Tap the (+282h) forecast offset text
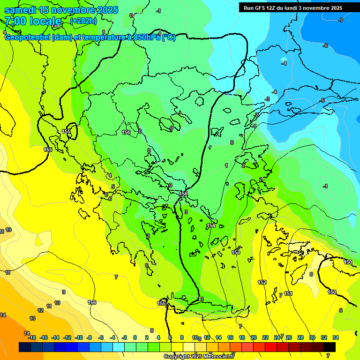click(83, 21)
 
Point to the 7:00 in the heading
click(14, 21)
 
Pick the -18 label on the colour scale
click(32, 337)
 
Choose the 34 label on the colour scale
click(336, 337)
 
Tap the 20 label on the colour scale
click(254, 337)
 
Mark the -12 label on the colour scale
click(67, 337)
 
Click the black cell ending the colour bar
click(330, 347)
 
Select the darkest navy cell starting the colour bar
click(25, 347)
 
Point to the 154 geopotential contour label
click(211, 226)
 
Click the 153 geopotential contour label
click(236, 253)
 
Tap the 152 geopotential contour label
click(262, 282)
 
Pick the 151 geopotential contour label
click(288, 294)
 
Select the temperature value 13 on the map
click(32, 318)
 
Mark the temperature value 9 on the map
click(64, 292)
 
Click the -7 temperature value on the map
click(341, 20)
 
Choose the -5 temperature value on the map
click(322, 101)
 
